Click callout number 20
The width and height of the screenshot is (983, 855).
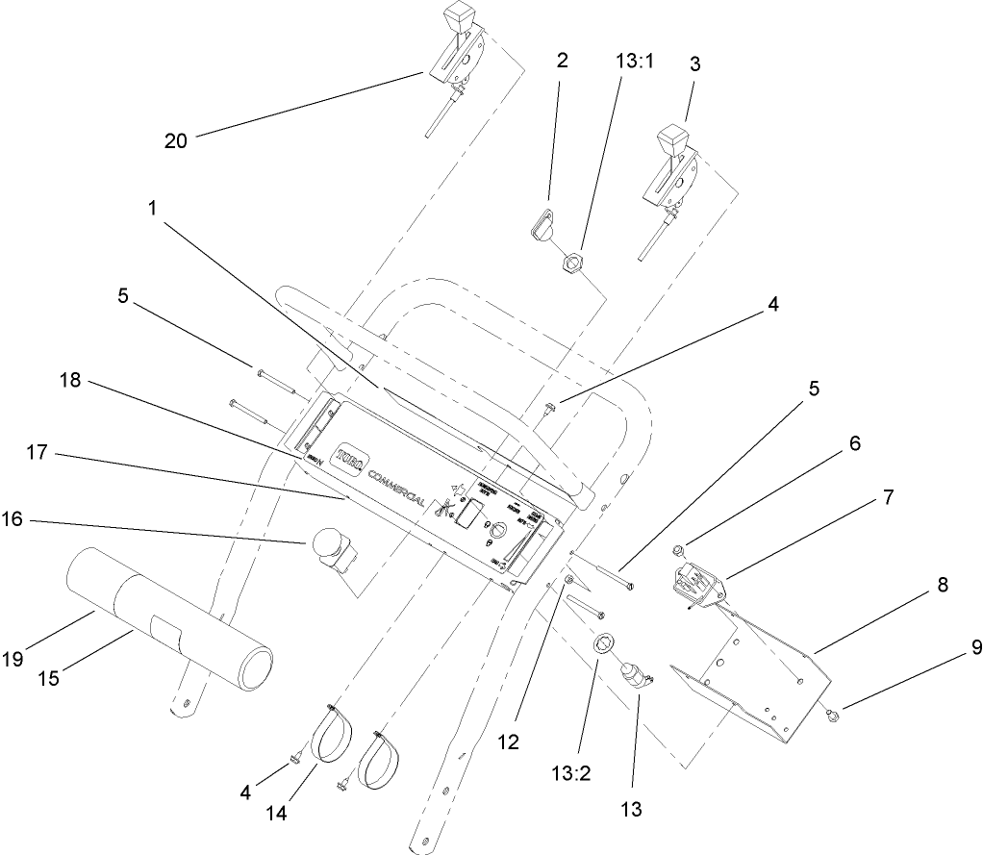click(175, 141)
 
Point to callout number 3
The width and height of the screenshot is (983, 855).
click(695, 65)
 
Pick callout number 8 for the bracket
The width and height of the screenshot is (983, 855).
click(942, 583)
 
